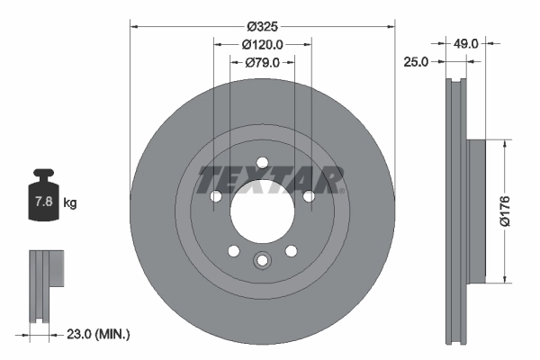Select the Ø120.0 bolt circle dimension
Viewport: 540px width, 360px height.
(262, 43)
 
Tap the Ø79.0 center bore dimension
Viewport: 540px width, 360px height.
(262, 62)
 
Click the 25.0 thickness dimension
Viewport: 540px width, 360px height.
(415, 62)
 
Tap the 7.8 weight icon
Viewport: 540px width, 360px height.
(41, 202)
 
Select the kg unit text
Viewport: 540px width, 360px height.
(70, 203)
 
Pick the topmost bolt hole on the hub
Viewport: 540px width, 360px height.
(262, 163)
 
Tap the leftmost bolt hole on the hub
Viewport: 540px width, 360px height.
(215, 196)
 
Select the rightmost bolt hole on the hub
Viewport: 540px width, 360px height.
(308, 196)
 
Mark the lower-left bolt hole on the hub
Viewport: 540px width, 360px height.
(233, 251)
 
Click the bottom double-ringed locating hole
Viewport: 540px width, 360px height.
(262, 261)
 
